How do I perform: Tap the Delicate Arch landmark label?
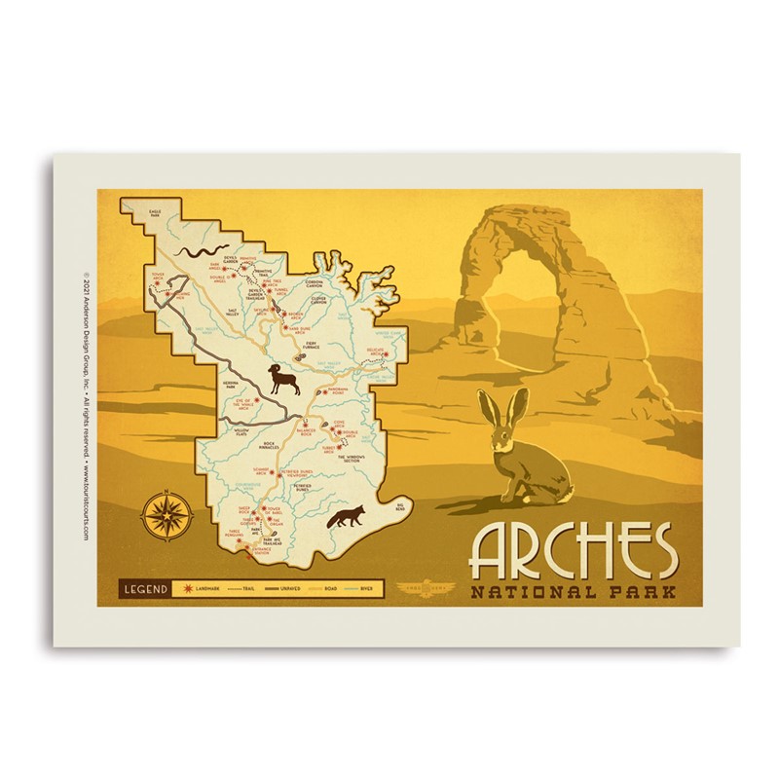tap(377, 350)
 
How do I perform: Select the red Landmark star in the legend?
tap(185, 588)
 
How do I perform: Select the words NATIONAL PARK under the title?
tap(573, 592)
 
